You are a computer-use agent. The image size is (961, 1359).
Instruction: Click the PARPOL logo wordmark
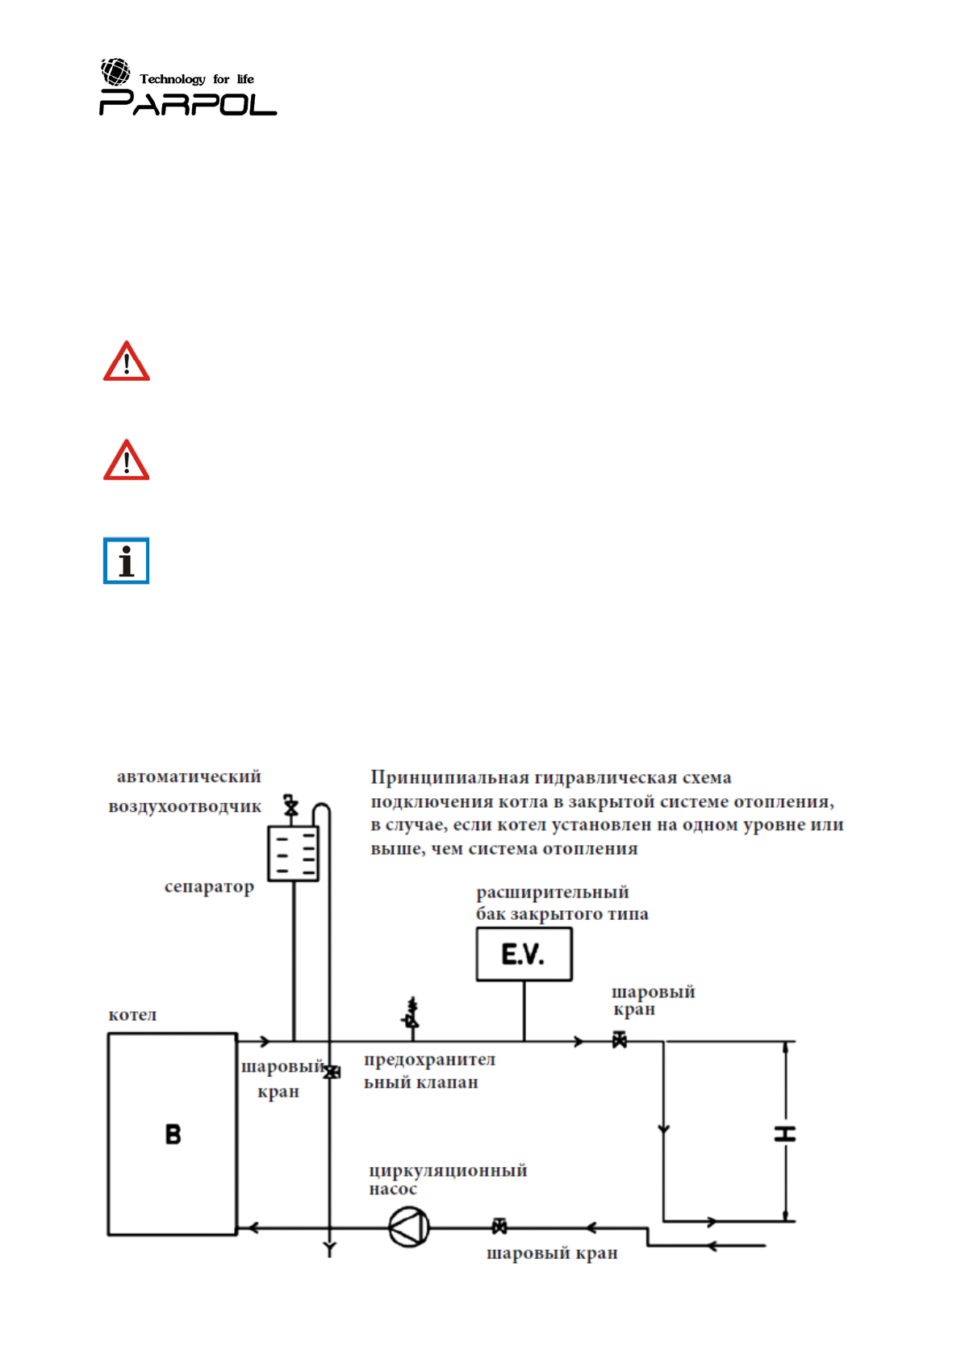[188, 103]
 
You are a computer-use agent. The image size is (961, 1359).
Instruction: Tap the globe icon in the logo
[115, 72]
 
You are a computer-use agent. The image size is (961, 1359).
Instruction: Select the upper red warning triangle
[127, 362]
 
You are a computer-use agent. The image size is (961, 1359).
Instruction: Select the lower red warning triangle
[127, 461]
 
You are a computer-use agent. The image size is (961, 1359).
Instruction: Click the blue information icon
[127, 561]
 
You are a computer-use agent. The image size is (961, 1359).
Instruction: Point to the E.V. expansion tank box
[524, 954]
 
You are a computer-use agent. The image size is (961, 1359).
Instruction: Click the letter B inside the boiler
[173, 1135]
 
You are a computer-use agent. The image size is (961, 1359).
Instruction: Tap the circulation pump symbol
[409, 1227]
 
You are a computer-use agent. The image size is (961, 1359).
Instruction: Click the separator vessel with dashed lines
[293, 854]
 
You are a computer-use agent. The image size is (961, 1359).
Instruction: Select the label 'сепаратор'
[209, 887]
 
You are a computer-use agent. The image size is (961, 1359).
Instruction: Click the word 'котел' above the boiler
[132, 1015]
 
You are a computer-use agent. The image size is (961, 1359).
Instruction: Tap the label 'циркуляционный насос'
[447, 1179]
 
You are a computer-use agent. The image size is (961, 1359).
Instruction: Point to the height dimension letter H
[785, 1134]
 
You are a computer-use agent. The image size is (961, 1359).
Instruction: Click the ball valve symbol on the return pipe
[499, 1227]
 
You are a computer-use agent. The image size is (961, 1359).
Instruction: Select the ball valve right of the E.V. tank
[619, 1041]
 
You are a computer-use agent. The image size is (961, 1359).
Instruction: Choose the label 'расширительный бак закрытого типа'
[562, 903]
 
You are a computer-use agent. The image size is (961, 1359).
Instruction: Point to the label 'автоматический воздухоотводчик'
[186, 792]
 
